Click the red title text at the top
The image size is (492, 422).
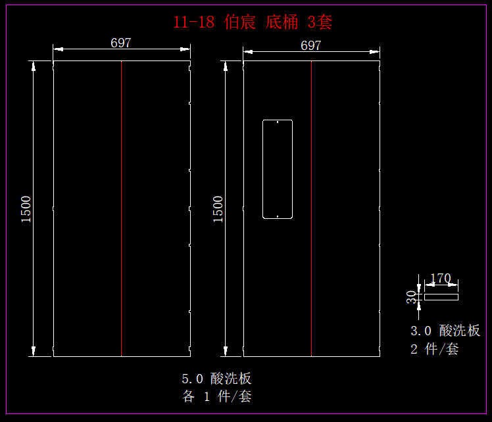click(x=253, y=22)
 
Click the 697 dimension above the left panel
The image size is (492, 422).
click(x=121, y=43)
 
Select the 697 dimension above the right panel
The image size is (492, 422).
click(x=310, y=45)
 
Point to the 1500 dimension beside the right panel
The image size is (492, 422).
click(x=218, y=209)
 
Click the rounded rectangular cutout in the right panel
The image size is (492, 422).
click(x=278, y=169)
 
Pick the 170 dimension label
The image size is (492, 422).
click(x=440, y=279)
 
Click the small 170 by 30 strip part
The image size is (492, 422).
click(x=441, y=297)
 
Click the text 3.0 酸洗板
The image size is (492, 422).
click(x=445, y=331)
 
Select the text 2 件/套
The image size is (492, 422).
click(x=434, y=349)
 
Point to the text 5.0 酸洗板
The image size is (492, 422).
click(x=216, y=379)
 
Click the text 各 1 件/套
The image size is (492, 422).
click(x=216, y=396)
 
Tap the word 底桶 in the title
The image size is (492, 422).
click(x=282, y=22)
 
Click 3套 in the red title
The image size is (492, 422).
click(x=320, y=22)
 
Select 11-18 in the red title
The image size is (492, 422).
click(x=194, y=22)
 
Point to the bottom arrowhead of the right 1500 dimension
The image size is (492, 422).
click(x=226, y=352)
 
